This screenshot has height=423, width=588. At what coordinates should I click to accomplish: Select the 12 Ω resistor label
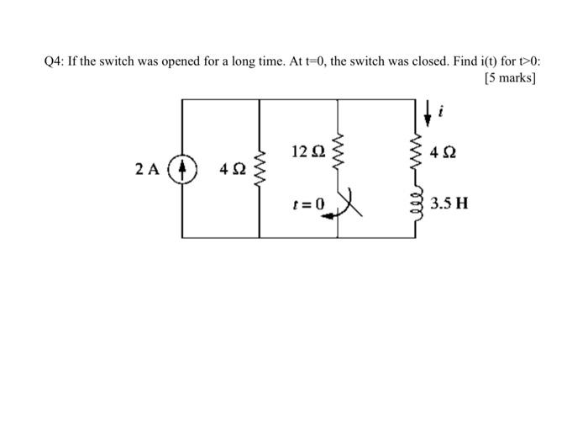308,152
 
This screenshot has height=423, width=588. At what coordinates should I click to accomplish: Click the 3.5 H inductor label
449,204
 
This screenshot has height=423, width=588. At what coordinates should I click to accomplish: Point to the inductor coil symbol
415,203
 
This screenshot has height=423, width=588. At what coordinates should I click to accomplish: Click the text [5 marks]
511,78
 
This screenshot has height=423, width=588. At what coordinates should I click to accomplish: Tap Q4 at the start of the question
55,61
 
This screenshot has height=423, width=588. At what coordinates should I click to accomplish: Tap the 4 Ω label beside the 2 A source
232,169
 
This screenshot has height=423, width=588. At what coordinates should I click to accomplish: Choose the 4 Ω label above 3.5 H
444,154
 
